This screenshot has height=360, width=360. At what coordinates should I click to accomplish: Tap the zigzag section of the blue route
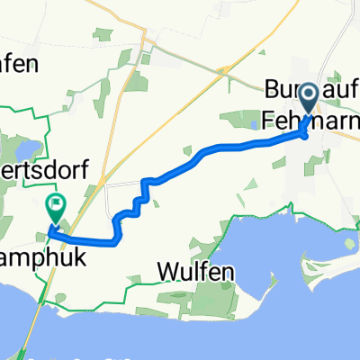click(x=135, y=202)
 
